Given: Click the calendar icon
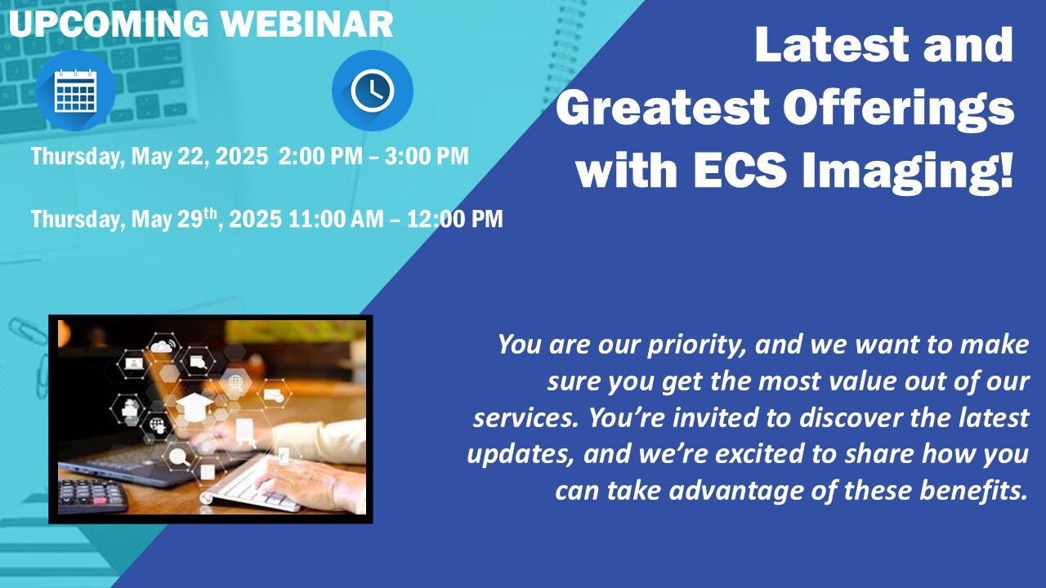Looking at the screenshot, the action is pyautogui.click(x=76, y=91).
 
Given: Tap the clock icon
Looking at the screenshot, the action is pyautogui.click(x=372, y=91).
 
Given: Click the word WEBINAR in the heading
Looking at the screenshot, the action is pyautogui.click(x=306, y=24).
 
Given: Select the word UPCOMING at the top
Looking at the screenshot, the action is pyautogui.click(x=109, y=24).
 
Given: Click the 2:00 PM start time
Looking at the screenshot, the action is pyautogui.click(x=320, y=156).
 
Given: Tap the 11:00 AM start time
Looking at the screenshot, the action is pyautogui.click(x=336, y=219).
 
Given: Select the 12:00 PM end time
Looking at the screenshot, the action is pyautogui.click(x=455, y=219).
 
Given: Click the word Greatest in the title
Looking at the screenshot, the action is pyautogui.click(x=663, y=107).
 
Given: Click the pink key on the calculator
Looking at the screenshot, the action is pyautogui.click(x=100, y=501).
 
